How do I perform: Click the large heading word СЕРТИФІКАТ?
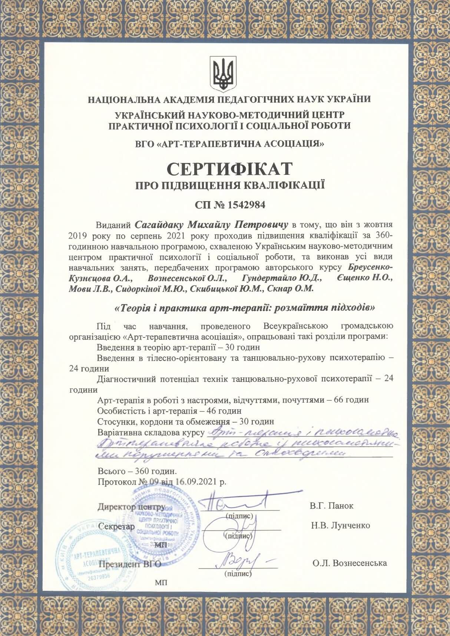(x=230, y=169)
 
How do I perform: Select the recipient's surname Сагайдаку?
(x=159, y=225)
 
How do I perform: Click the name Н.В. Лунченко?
(x=341, y=525)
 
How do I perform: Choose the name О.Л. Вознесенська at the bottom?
(x=350, y=563)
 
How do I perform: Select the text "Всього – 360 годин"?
(x=138, y=472)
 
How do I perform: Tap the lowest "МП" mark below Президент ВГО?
(x=161, y=582)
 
